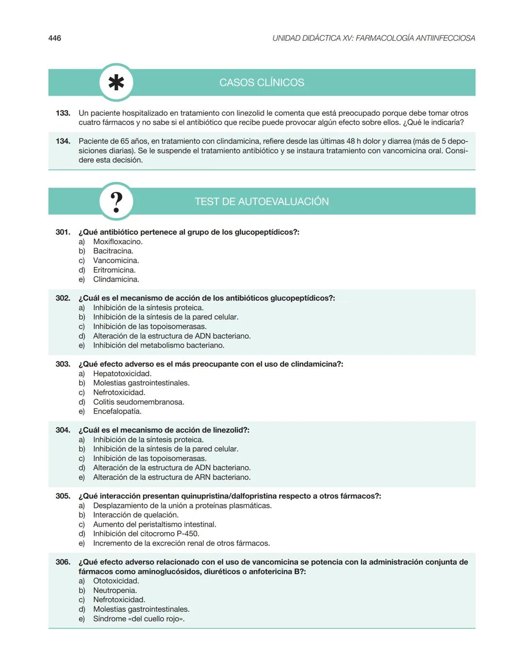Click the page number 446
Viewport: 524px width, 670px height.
(x=55, y=38)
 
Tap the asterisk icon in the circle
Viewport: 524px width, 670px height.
(x=116, y=83)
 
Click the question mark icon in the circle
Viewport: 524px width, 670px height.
(x=116, y=201)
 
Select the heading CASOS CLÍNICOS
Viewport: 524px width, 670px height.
(x=262, y=83)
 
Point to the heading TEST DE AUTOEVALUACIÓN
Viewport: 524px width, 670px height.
(x=262, y=201)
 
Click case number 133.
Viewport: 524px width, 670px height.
(x=63, y=113)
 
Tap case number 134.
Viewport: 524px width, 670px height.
(x=63, y=141)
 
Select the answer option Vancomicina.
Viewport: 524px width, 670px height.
(x=116, y=261)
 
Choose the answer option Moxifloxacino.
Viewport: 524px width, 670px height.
(x=118, y=242)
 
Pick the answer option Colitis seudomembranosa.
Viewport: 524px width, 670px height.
(x=139, y=402)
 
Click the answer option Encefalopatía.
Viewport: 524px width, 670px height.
(x=117, y=411)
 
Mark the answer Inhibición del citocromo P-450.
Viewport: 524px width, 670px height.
(x=146, y=534)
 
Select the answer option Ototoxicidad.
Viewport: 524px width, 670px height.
(x=116, y=581)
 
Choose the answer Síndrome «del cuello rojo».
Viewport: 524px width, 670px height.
(x=139, y=619)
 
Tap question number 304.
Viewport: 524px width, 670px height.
(x=63, y=430)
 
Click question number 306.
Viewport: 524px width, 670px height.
(x=63, y=562)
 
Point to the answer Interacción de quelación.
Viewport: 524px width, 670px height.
(x=136, y=515)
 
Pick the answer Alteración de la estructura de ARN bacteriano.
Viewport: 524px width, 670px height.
(x=172, y=477)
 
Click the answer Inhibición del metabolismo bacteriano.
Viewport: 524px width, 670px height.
(x=159, y=345)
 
